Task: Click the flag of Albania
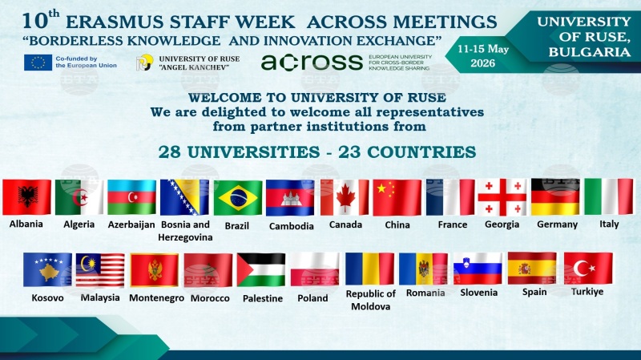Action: [x=27, y=197]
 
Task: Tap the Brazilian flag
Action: [x=238, y=198]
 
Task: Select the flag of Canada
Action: [x=345, y=197]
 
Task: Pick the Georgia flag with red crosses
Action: [x=502, y=197]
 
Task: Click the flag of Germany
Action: [x=555, y=196]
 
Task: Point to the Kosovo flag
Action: [x=47, y=269]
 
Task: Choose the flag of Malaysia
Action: [x=100, y=270]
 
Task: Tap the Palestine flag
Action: [x=261, y=269]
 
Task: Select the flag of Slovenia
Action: [x=478, y=269]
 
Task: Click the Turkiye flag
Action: [x=588, y=269]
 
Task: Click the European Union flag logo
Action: [x=38, y=63]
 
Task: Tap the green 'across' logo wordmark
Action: [x=312, y=63]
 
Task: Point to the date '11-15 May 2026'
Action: [x=483, y=56]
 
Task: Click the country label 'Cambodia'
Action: [x=291, y=226]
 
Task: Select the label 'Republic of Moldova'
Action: [x=370, y=300]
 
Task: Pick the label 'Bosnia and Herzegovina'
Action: [x=185, y=231]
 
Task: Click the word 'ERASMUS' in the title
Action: [x=115, y=22]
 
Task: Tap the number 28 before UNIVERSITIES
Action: [x=170, y=152]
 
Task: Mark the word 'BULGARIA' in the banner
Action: [x=590, y=52]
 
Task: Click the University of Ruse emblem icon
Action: [x=144, y=63]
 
